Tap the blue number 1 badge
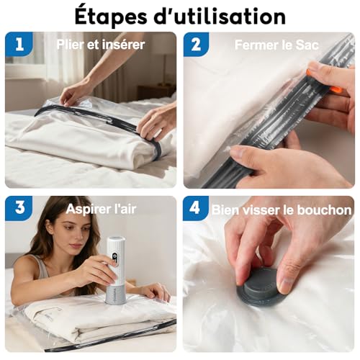19,45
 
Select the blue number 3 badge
19,209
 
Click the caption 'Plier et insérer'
101,45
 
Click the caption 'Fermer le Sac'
276,45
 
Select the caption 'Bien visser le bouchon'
282,210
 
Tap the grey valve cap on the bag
262,287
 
